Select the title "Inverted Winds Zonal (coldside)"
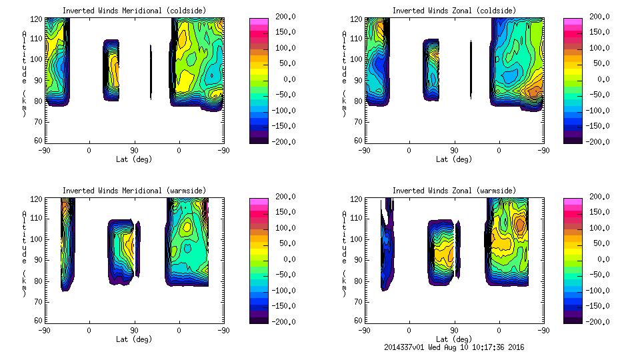coord(454,10)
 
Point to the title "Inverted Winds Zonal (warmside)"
coord(454,191)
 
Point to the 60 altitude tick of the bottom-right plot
coord(357,321)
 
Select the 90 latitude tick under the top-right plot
coord(454,151)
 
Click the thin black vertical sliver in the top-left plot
coord(151,72)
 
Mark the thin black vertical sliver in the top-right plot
coord(471,69)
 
